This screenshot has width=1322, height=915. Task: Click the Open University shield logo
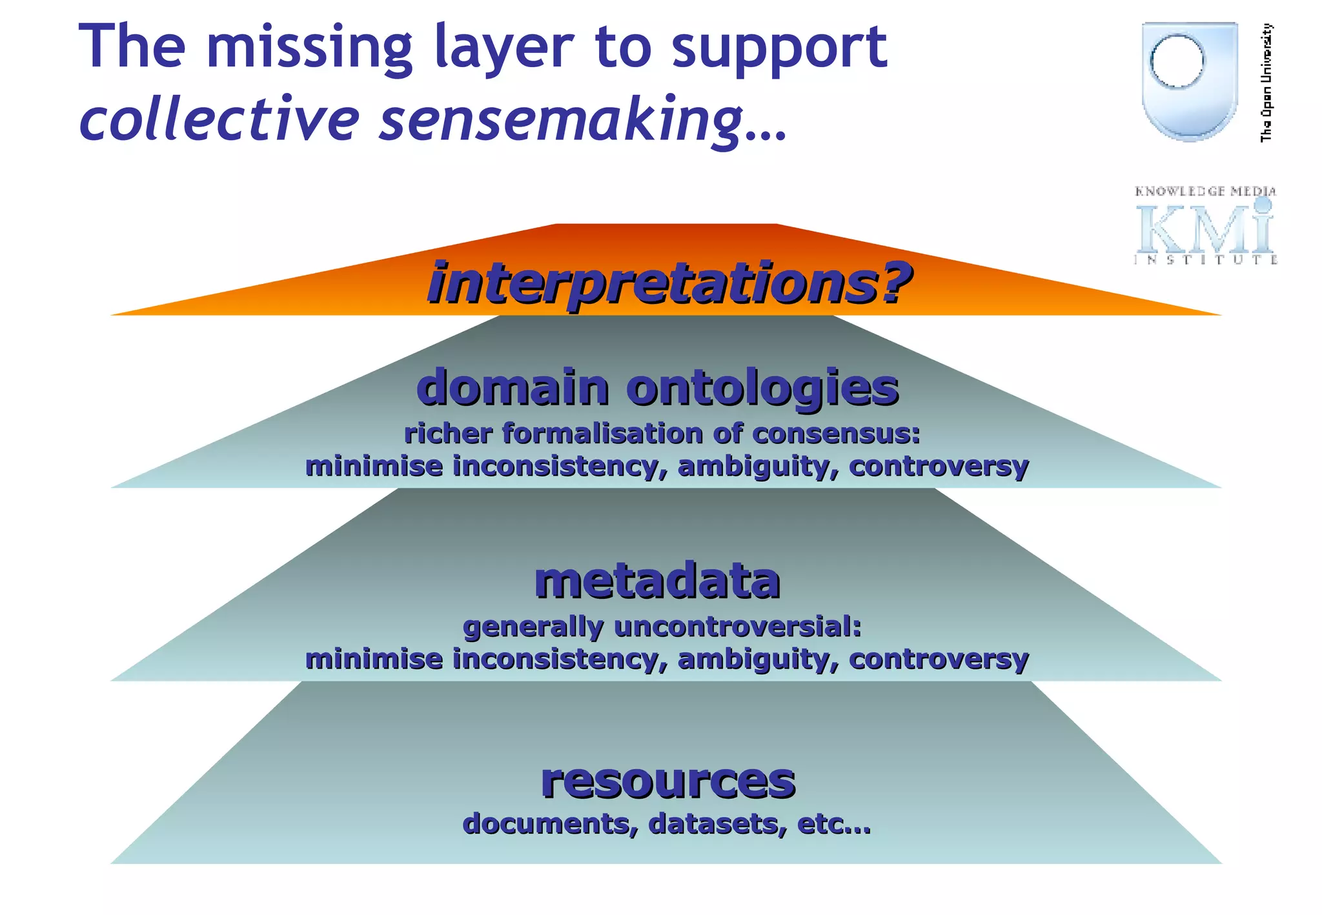point(1189,81)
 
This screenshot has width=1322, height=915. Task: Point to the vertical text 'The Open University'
point(1266,82)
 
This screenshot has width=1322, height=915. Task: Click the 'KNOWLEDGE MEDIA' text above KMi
point(1205,191)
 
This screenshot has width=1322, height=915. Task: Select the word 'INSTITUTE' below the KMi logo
point(1205,260)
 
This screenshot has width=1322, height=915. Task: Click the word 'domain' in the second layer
point(513,388)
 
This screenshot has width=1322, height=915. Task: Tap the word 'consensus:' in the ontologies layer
point(836,434)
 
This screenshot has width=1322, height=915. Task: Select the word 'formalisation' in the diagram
point(603,434)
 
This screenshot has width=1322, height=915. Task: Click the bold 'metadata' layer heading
point(657,581)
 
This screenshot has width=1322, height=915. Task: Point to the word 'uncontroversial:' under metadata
point(738,627)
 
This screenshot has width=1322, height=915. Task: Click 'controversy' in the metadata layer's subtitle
point(939,659)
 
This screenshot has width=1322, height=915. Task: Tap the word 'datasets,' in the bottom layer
point(718,824)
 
